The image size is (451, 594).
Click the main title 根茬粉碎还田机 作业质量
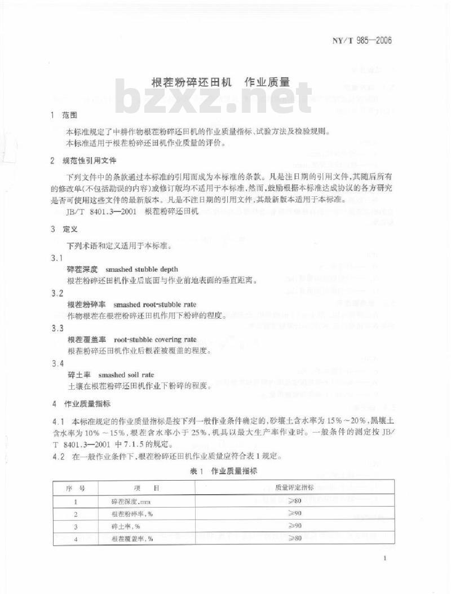point(220,82)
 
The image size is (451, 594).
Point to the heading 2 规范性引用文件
point(82,161)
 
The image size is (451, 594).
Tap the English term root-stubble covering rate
point(155,340)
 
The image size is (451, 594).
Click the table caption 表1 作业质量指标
point(224,470)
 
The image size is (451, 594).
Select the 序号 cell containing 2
point(75,514)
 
